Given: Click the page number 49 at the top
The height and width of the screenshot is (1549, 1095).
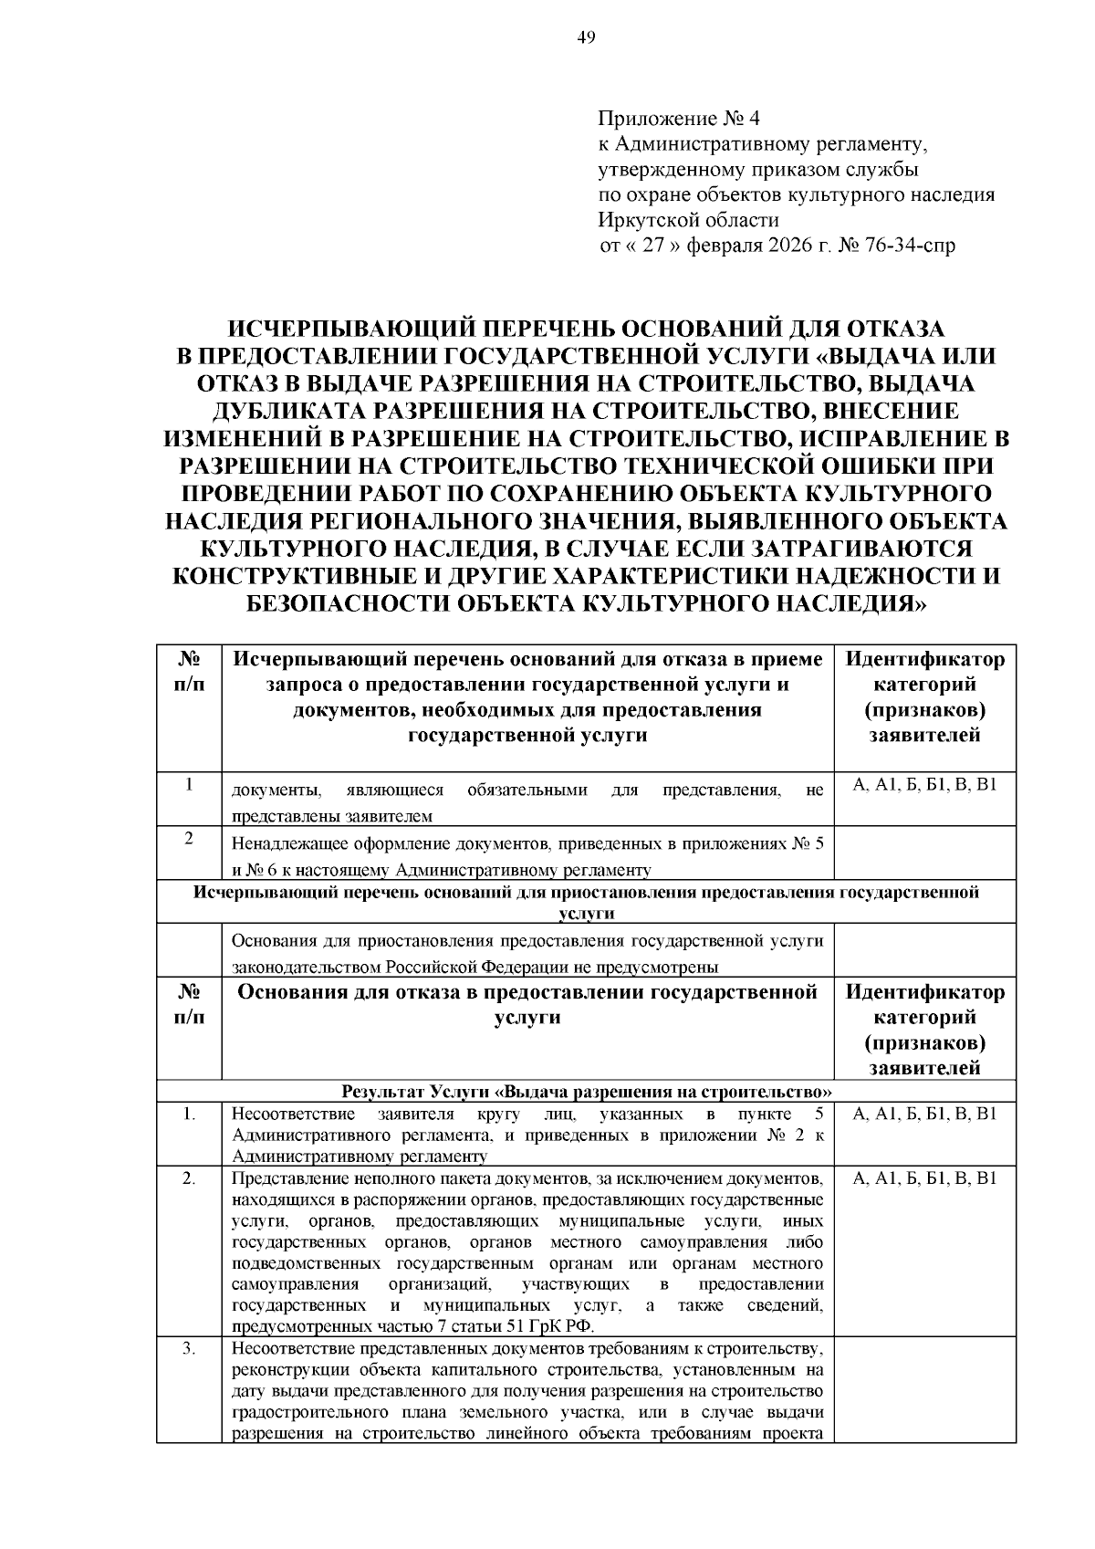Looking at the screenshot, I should tap(586, 37).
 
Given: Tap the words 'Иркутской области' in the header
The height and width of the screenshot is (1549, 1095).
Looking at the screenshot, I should tap(688, 220).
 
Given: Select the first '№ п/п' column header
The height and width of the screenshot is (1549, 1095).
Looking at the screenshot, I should tap(188, 672).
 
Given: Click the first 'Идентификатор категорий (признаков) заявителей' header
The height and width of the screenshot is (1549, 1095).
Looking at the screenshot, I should tap(924, 696).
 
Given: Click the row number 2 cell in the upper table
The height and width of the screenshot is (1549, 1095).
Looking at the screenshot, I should tap(188, 839).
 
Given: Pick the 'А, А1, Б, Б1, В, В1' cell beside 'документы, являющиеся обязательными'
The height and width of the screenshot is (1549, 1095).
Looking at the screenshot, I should tap(924, 786).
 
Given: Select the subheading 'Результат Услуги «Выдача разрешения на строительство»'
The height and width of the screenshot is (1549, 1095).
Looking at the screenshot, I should tap(586, 1092).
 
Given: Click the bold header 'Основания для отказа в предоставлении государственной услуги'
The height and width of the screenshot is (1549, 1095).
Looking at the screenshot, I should tap(527, 1004).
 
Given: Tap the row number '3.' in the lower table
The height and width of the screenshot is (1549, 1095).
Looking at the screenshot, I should tap(188, 1349).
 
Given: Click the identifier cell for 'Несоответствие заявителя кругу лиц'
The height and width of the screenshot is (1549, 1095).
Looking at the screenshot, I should tap(924, 1114).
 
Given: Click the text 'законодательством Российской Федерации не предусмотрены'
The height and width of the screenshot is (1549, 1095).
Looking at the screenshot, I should tap(474, 967).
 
